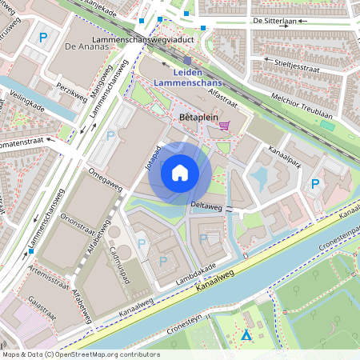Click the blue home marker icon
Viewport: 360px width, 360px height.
tap(179, 172)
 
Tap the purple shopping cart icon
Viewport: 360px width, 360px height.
tap(225, 125)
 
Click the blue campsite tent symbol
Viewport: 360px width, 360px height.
tap(246, 337)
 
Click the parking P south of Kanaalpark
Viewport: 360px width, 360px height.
tap(315, 184)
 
